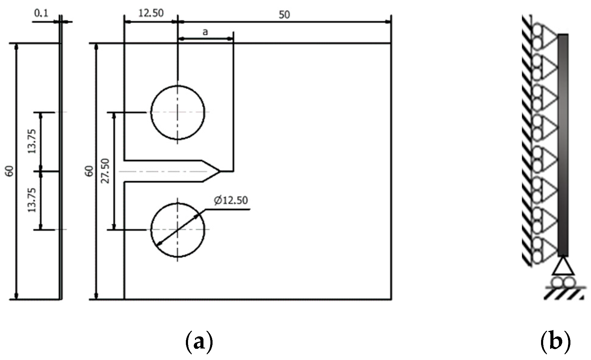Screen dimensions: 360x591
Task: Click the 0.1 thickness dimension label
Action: point(41,14)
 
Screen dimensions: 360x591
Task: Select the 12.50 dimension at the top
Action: point(151,13)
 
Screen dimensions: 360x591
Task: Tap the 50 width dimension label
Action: point(284,15)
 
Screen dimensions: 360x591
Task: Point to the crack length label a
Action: point(205,31)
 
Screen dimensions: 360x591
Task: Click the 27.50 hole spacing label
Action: point(105,171)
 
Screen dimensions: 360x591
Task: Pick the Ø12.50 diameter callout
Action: point(231,200)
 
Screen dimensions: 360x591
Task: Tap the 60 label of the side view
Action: point(9,171)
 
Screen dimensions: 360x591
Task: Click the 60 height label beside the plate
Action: point(89,171)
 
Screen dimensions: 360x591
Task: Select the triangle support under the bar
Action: point(563,267)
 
